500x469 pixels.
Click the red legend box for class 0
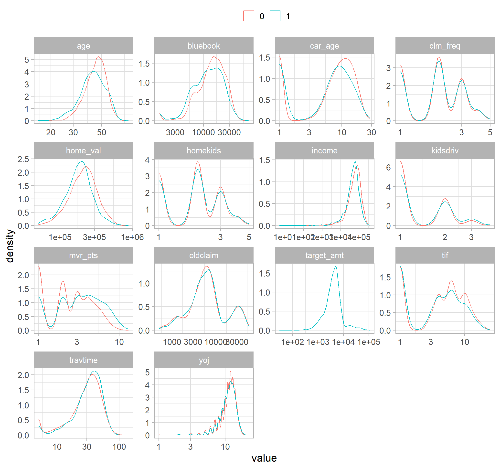pyautogui.click(x=248, y=16)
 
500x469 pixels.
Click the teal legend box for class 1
pyautogui.click(x=275, y=16)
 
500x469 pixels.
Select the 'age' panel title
pyautogui.click(x=83, y=46)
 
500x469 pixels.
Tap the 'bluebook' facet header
pyautogui.click(x=204, y=46)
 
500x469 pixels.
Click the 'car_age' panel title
pyautogui.click(x=324, y=46)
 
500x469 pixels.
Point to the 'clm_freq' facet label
pyautogui.click(x=445, y=46)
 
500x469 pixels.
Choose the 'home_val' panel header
pyautogui.click(x=83, y=151)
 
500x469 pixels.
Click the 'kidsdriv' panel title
pyautogui.click(x=445, y=151)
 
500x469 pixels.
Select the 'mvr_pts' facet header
pyautogui.click(x=83, y=256)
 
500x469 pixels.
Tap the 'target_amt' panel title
pyautogui.click(x=324, y=256)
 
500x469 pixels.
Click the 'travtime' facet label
pyautogui.click(x=83, y=360)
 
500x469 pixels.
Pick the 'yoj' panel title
pyautogui.click(x=204, y=360)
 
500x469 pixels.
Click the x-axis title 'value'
pyautogui.click(x=264, y=458)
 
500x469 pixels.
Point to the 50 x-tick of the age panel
pyautogui.click(x=101, y=133)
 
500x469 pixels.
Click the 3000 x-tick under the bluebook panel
pyautogui.click(x=175, y=133)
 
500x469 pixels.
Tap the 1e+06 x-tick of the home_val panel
pyautogui.click(x=132, y=237)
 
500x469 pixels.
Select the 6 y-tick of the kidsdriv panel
pyautogui.click(x=388, y=168)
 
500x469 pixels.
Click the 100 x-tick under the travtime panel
pyautogui.click(x=119, y=447)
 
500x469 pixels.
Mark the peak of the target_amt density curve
pyautogui.click(x=336, y=266)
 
